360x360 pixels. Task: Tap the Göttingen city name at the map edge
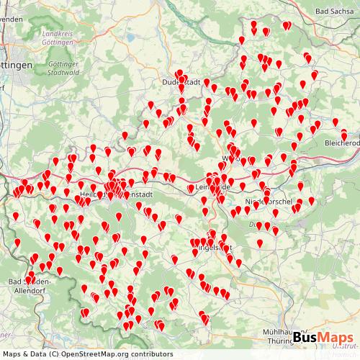coord(16,66)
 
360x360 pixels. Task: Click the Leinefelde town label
coord(214,188)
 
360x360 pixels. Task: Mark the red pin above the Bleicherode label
coord(343,132)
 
